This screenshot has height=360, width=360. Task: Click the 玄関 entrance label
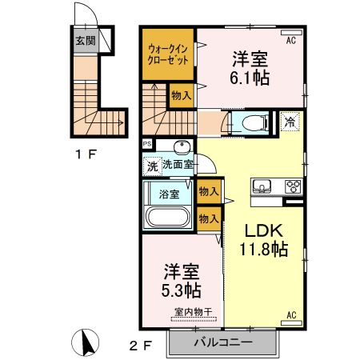(x=86, y=41)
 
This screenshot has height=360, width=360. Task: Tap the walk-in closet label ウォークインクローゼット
(x=168, y=54)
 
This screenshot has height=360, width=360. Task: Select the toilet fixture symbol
(x=255, y=123)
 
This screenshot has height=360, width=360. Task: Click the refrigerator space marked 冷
(x=290, y=122)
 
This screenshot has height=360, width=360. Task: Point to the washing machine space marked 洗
(x=153, y=166)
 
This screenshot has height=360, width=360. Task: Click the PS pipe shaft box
(x=147, y=144)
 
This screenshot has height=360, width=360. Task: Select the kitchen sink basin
(x=262, y=186)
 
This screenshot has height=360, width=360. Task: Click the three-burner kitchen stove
(x=294, y=186)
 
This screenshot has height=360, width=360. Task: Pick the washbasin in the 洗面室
(x=182, y=146)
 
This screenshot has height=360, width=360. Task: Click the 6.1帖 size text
(x=250, y=78)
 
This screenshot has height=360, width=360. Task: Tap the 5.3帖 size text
(x=182, y=290)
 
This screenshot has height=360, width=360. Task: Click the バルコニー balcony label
(x=223, y=342)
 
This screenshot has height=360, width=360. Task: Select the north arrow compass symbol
(x=86, y=342)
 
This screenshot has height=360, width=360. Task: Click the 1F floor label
(x=86, y=154)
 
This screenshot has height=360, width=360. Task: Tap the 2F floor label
(x=141, y=346)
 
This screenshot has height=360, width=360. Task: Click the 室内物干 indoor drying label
(x=194, y=311)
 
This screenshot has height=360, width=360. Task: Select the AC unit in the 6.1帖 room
(x=291, y=33)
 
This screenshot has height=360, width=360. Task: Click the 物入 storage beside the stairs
(x=182, y=95)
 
